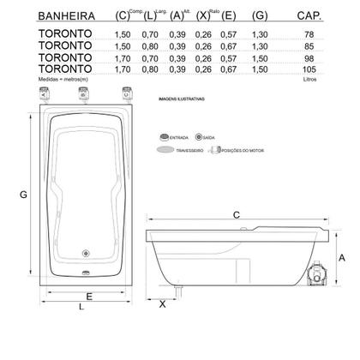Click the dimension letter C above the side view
click(235, 213)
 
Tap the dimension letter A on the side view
click(341, 257)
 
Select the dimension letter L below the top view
click(80, 306)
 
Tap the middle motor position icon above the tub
click(83, 95)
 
